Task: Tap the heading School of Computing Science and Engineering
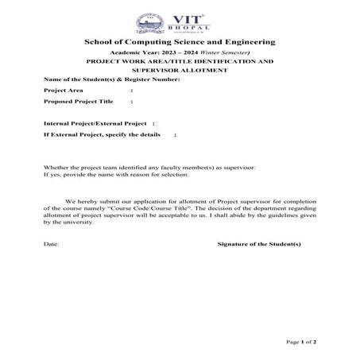pos(180,41)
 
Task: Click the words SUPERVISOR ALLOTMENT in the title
pos(180,70)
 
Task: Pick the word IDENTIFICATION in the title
pos(226,60)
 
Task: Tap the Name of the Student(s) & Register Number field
pos(111,80)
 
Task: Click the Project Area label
pos(64,91)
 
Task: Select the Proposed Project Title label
pos(79,102)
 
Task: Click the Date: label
pos(51,244)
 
